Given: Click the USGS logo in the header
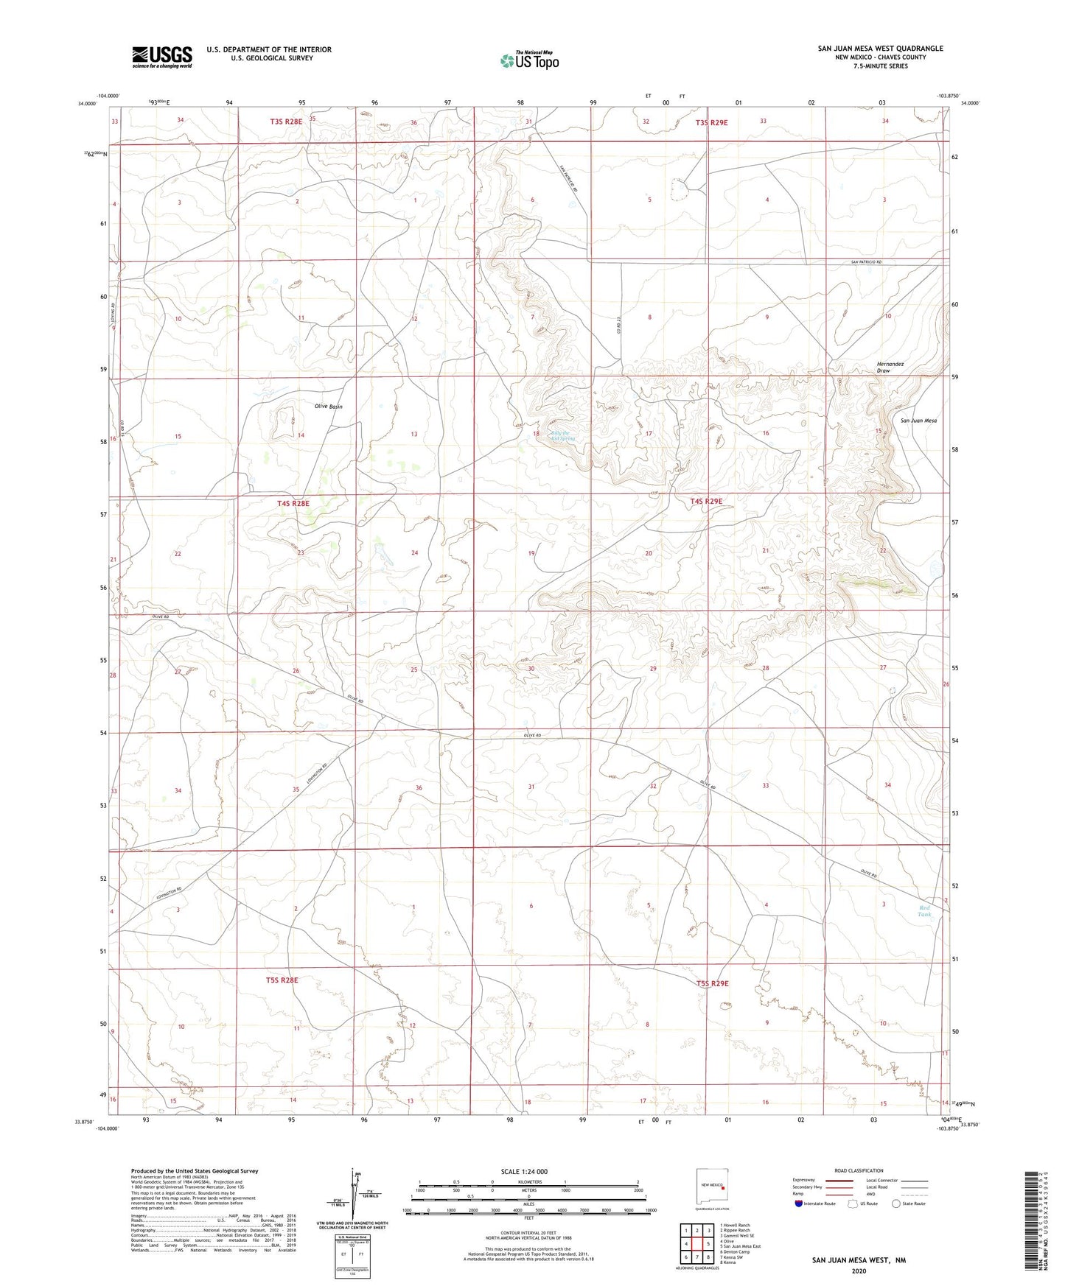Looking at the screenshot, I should (x=162, y=57).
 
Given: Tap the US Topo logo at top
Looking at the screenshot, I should (x=529, y=60).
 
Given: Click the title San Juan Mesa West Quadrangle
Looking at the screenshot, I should (x=880, y=49).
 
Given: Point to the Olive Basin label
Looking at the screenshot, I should (x=328, y=407).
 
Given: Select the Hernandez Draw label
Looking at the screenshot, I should (x=890, y=367).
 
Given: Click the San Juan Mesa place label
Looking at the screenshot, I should (x=918, y=421).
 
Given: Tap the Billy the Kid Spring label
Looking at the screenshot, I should (x=562, y=436).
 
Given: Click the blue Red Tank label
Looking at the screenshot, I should (x=924, y=911).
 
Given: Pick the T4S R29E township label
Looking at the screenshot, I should (x=706, y=502).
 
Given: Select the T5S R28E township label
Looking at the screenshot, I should (x=282, y=980).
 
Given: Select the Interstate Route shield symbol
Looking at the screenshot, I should (x=799, y=1204).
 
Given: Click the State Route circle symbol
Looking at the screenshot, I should (x=895, y=1204).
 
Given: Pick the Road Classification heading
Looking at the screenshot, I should (x=859, y=1170).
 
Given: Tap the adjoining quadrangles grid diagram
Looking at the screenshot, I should (x=696, y=1244).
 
